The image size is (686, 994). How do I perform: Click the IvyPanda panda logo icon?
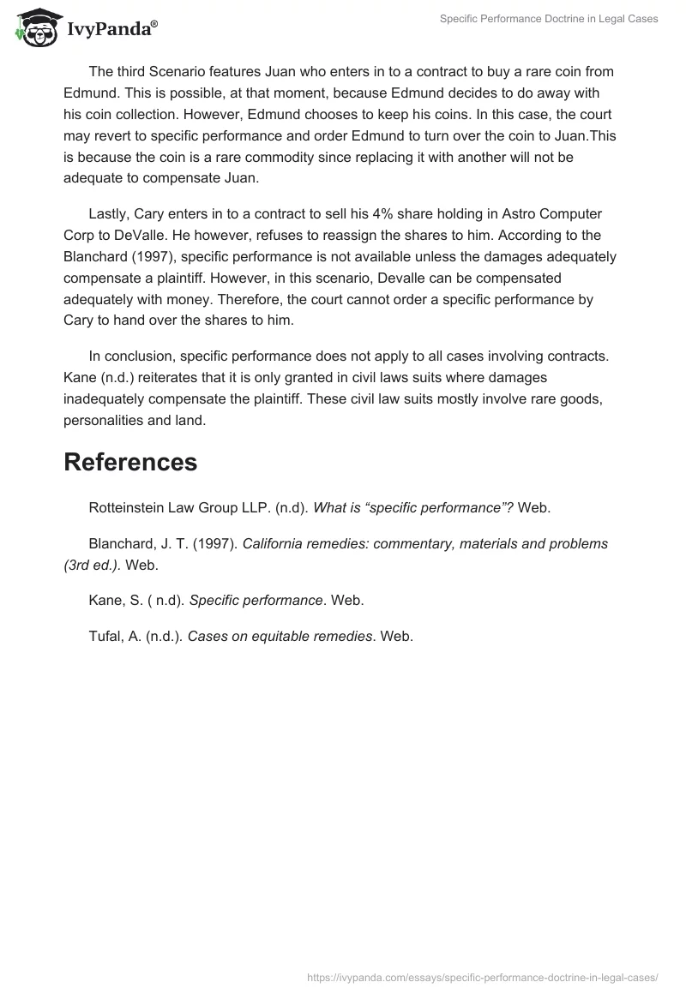point(33,27)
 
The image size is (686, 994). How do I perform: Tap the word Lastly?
point(109,213)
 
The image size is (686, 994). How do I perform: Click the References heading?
point(130,462)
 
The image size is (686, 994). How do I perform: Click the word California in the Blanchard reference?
point(277,543)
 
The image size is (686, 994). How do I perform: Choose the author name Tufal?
point(106,636)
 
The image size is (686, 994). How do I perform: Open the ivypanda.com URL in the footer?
point(482,976)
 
